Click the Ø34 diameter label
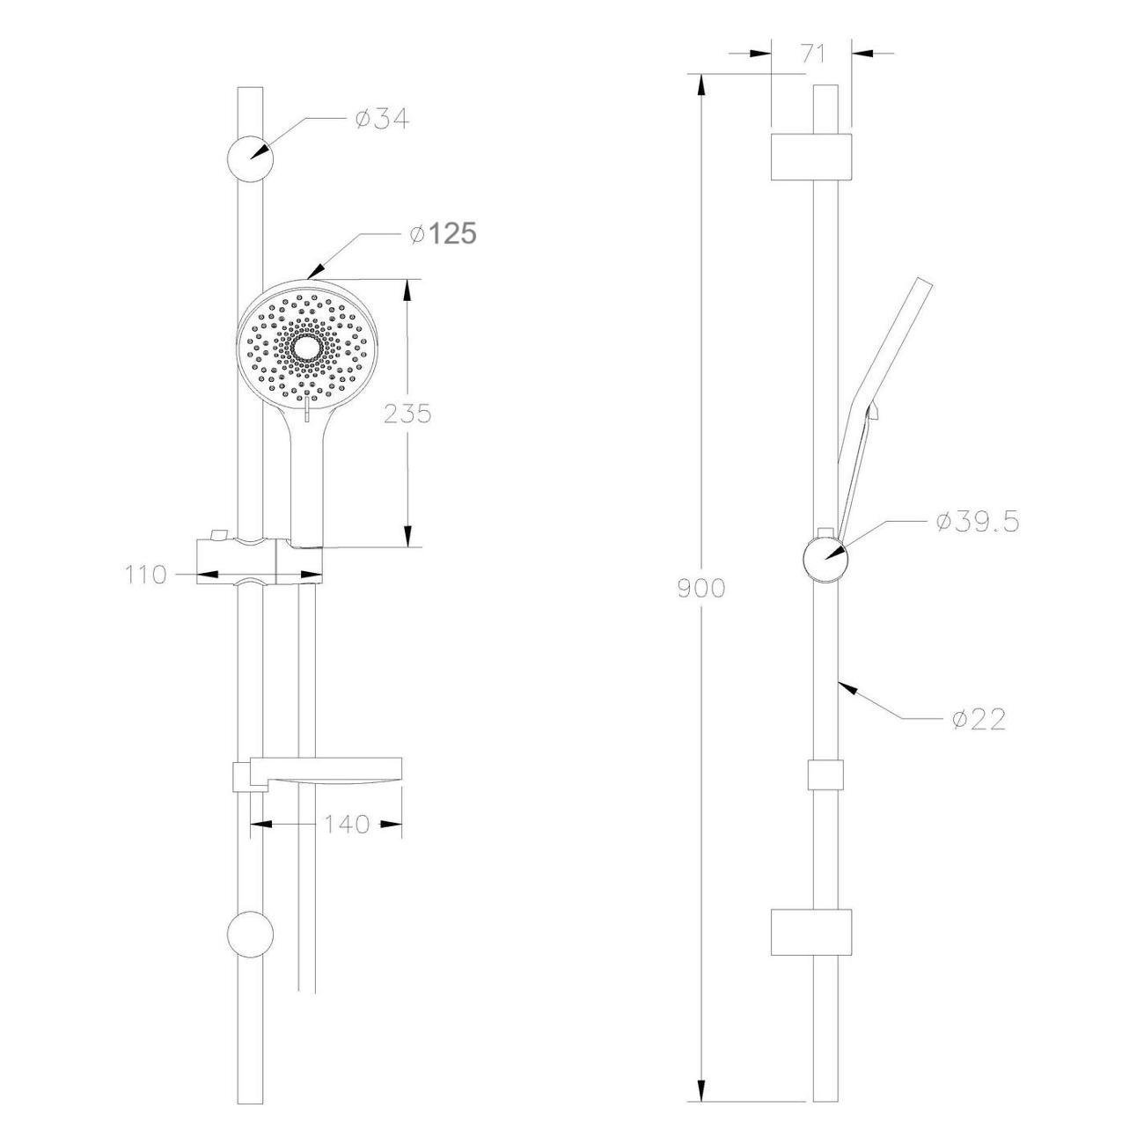pyautogui.click(x=382, y=120)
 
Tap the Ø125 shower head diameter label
pyautogui.click(x=443, y=234)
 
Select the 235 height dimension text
pyautogui.click(x=407, y=414)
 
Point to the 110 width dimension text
pyautogui.click(x=146, y=575)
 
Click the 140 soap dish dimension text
pyautogui.click(x=347, y=824)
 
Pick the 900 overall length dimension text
pyautogui.click(x=701, y=588)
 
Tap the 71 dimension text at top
pyautogui.click(x=813, y=54)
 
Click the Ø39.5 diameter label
pyautogui.click(x=978, y=523)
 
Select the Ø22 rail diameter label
pyautogui.click(x=979, y=720)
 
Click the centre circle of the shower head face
pyautogui.click(x=308, y=348)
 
